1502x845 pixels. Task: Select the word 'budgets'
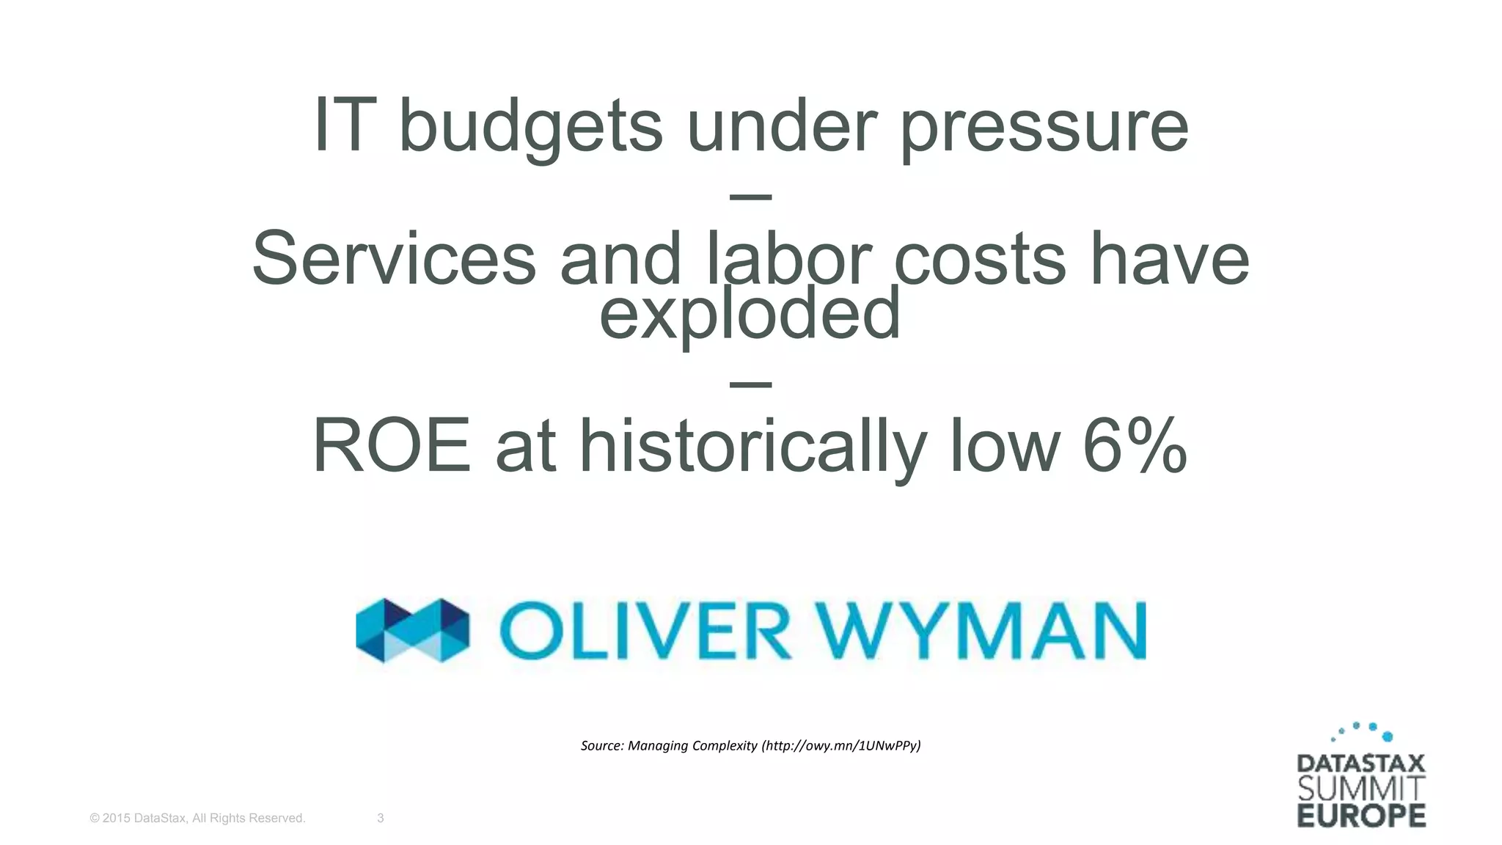pos(530,128)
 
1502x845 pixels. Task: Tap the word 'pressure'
pos(1043,128)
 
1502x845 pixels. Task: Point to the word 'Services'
pos(394,259)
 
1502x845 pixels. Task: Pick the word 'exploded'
pos(750,314)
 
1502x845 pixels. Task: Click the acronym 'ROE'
pos(392,446)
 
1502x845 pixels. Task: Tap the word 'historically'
pos(752,447)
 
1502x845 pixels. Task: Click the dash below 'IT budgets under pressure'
pos(751,197)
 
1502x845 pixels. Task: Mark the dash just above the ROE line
pos(751,384)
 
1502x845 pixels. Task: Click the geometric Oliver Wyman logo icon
pos(412,630)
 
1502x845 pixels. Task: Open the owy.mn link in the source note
pos(841,746)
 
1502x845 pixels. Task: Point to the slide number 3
pos(380,818)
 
